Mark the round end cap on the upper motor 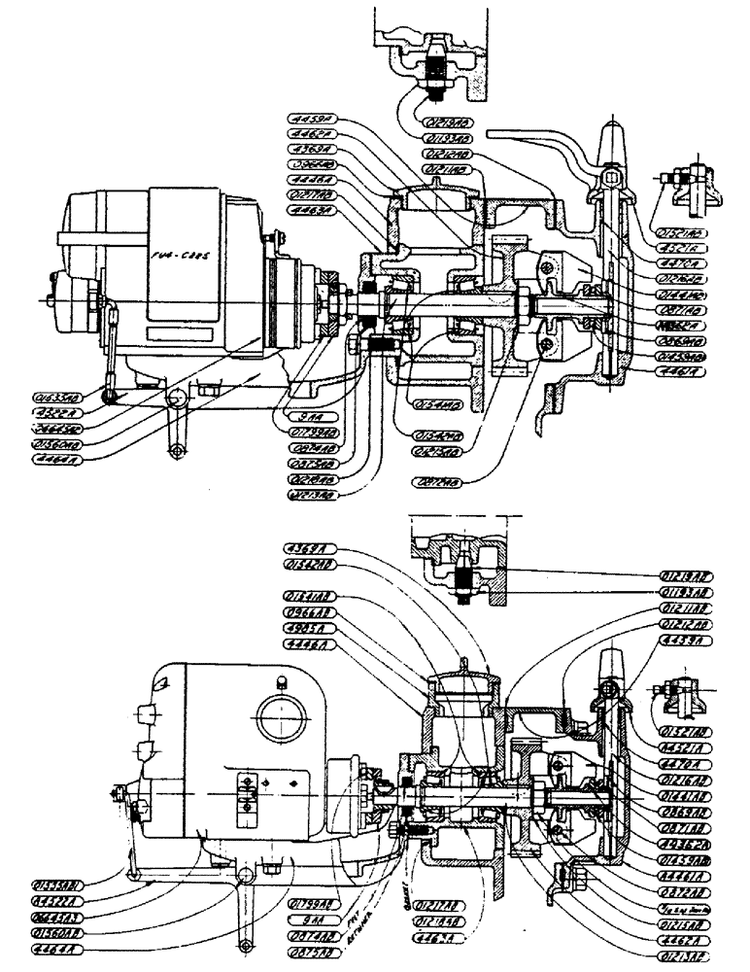68,292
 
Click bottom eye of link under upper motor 176,450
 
